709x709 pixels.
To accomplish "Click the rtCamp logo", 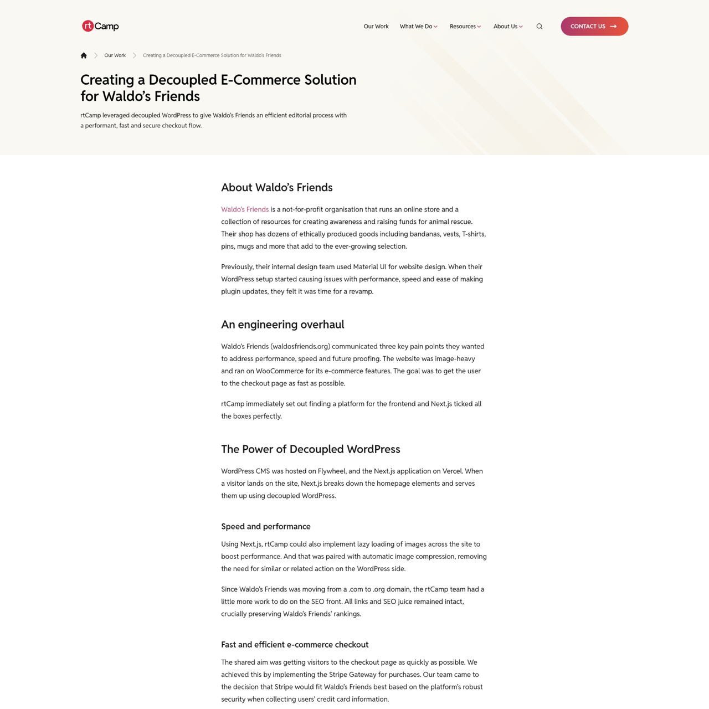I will [x=100, y=26].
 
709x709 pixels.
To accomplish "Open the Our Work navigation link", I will [x=376, y=27].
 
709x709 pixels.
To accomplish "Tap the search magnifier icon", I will [x=540, y=27].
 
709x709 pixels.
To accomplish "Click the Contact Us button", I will [x=594, y=27].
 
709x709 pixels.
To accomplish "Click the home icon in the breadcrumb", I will [x=84, y=55].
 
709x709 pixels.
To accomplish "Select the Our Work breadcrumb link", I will [x=115, y=55].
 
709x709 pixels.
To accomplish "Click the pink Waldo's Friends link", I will [x=245, y=209].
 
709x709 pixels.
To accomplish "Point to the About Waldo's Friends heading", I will [x=277, y=187].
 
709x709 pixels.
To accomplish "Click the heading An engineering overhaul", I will [x=282, y=325].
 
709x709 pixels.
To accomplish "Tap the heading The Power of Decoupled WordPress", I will [x=310, y=449].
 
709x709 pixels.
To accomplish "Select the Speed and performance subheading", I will [x=266, y=526].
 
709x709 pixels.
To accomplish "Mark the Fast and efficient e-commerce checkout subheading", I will [x=295, y=645].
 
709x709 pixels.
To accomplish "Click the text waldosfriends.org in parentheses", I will [x=300, y=347].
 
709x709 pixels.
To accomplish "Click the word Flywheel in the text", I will [x=332, y=471].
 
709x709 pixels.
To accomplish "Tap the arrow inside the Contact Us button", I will [x=613, y=27].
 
